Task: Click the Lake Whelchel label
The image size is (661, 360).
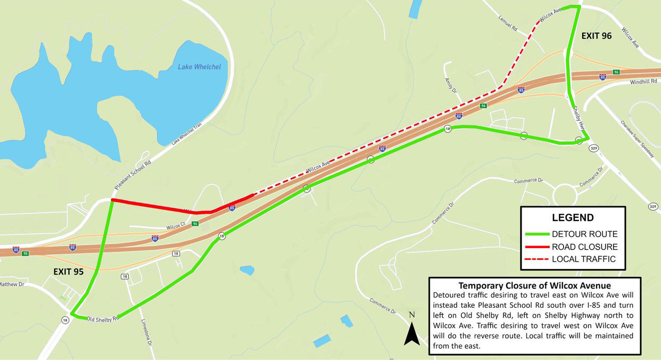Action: point(199,67)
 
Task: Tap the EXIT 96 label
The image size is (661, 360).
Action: point(596,36)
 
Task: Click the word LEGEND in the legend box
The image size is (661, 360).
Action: point(572,217)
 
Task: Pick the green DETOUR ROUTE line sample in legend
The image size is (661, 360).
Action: point(536,234)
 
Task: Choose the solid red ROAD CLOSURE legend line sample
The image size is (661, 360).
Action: point(536,247)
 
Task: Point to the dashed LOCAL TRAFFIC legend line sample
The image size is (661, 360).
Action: point(536,259)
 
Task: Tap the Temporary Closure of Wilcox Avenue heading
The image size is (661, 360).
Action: point(534,285)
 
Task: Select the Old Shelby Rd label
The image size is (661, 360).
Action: point(102,319)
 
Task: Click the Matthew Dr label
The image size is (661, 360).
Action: point(12,284)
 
